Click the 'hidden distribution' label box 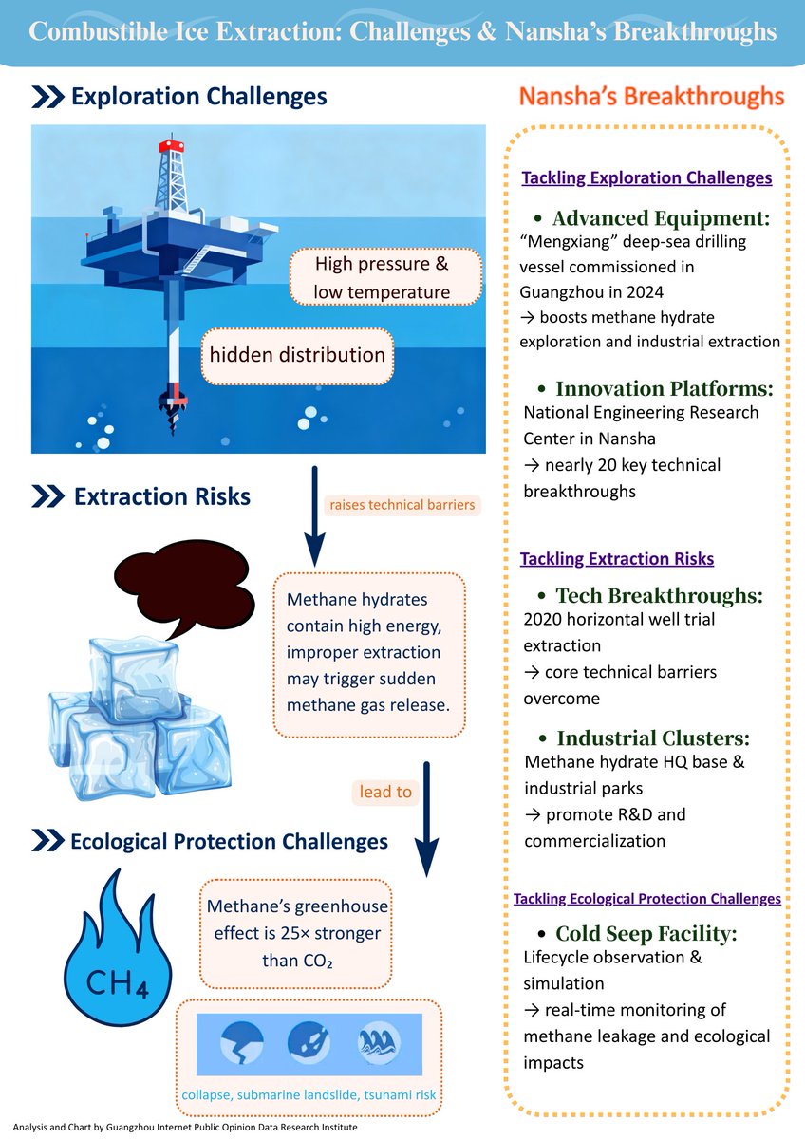(x=297, y=356)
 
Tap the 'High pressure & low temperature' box (x=382, y=277)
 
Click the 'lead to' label (x=386, y=792)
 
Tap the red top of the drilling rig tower (x=172, y=145)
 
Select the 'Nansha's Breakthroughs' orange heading (x=650, y=97)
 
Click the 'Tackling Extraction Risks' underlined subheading (x=617, y=559)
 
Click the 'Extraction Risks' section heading (x=161, y=495)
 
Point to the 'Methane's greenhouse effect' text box (x=295, y=933)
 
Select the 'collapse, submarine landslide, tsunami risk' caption (x=309, y=1096)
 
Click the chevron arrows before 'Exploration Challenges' (x=47, y=97)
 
